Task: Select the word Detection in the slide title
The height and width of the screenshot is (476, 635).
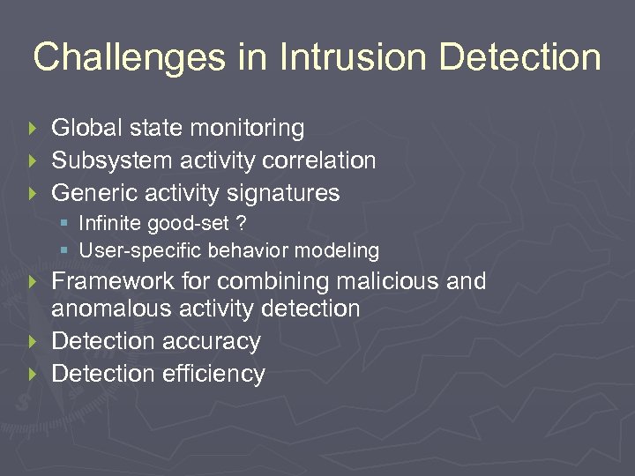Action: coord(519,58)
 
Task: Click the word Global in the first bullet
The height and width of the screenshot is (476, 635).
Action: coord(87,129)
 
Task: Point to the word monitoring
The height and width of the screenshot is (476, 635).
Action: coord(248,129)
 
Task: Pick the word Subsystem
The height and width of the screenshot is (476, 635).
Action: coord(112,160)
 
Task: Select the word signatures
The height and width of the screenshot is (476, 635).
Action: coord(282,192)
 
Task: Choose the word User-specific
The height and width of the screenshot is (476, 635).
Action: coord(141,250)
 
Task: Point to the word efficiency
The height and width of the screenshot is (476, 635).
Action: coord(213,374)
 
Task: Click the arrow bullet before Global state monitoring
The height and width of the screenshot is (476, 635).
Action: coord(34,129)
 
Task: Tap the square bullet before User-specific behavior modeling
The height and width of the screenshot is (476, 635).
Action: coord(64,251)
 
